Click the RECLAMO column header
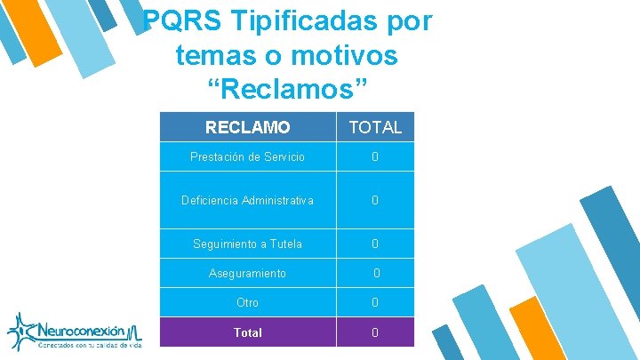click(247, 127)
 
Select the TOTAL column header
click(375, 127)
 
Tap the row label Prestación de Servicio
click(247, 156)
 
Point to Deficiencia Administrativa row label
click(247, 200)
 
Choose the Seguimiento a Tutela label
click(247, 244)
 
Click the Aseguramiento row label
click(247, 273)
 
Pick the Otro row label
click(247, 302)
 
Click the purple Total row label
click(247, 332)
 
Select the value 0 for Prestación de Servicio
click(375, 156)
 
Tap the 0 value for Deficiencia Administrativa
click(375, 200)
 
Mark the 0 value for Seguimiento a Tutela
click(375, 244)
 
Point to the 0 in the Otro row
click(375, 302)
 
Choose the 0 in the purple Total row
click(375, 332)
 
